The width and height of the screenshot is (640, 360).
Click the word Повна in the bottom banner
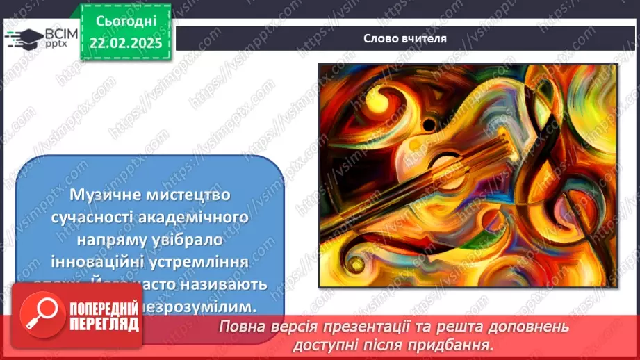pyautogui.click(x=240, y=327)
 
